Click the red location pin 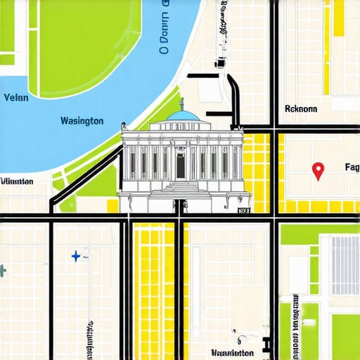point(318,169)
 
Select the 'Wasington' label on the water point(82,121)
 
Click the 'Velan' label point(16,98)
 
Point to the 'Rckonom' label point(301,109)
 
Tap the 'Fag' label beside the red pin point(352,167)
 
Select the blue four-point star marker point(76,256)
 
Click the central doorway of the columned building point(181,166)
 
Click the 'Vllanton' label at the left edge point(17,181)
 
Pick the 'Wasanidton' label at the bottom point(232,352)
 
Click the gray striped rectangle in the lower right point(345,265)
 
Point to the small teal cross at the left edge point(3,270)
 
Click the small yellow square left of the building point(112,205)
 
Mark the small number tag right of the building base point(244,210)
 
